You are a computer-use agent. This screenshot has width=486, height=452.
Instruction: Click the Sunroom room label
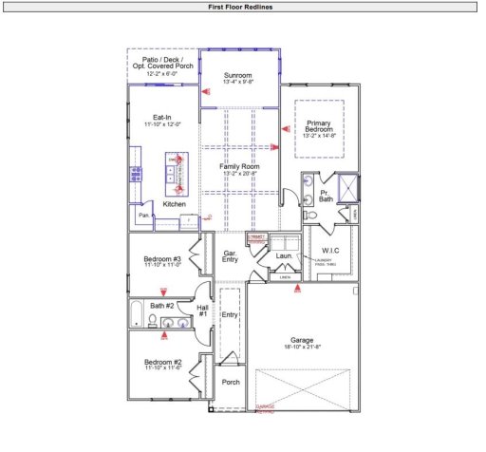point(238,75)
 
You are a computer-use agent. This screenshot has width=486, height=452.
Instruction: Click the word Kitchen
point(175,204)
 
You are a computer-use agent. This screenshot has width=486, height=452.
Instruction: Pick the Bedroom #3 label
point(162,259)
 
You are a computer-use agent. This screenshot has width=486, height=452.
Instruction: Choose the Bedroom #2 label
point(162,362)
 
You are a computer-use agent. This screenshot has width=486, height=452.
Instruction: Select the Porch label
point(231,383)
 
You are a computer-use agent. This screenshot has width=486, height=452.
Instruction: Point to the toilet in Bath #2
point(152,322)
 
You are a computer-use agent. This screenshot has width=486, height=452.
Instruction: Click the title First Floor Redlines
point(242,6)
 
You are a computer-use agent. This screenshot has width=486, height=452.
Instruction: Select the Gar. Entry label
point(230,255)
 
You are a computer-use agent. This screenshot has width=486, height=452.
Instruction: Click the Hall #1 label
point(201,310)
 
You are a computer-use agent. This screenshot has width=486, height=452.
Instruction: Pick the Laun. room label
point(282,255)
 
